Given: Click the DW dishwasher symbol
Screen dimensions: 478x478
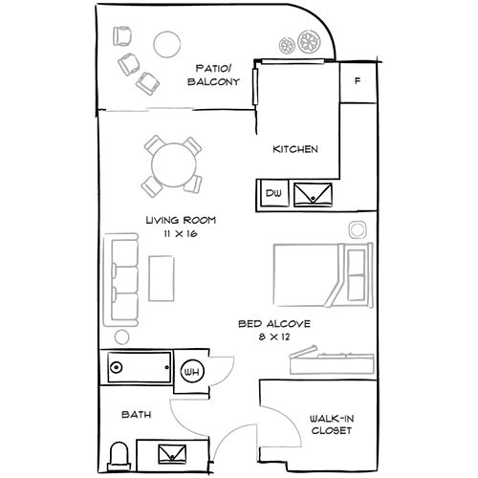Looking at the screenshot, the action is point(274,193).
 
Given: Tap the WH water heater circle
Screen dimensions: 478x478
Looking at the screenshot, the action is point(192,372).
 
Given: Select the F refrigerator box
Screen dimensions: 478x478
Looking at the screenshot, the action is point(358,82).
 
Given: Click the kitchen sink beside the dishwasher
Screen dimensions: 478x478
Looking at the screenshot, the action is point(313,194).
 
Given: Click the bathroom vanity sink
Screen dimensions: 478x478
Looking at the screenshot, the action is point(172,454).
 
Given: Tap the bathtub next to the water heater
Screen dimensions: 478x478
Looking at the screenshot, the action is point(139,367).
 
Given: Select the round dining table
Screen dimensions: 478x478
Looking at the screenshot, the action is point(174,164).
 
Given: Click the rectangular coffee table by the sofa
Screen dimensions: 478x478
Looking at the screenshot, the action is point(162,278).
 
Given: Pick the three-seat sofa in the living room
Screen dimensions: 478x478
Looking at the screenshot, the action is point(120,280).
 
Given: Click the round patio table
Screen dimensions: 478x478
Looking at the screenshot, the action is point(167,44).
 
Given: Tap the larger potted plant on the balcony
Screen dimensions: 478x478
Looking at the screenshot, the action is point(309,41).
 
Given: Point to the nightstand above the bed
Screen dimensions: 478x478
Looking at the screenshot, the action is point(358,229).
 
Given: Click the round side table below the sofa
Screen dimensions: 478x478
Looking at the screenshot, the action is point(121,337).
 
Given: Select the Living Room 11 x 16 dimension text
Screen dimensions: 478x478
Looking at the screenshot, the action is point(181,233).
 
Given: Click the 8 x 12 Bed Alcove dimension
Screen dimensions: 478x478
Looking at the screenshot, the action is point(274,337).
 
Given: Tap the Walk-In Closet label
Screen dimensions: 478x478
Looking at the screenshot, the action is point(332,424).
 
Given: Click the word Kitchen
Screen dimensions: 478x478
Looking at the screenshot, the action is point(295,149).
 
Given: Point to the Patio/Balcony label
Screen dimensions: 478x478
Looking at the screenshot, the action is point(213,75).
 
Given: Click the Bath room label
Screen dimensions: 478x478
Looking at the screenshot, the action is point(137,415).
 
